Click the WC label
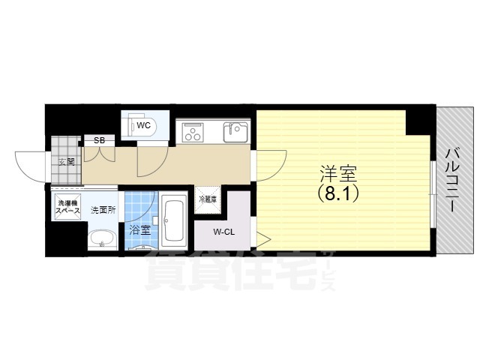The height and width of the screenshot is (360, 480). (x=144, y=126)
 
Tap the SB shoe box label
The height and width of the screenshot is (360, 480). (x=98, y=140)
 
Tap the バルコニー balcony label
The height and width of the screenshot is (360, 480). (x=451, y=180)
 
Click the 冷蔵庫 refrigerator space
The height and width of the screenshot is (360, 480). (x=208, y=199)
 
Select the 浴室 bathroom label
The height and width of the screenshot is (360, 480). (x=139, y=231)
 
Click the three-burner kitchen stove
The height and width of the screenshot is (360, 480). (x=192, y=133)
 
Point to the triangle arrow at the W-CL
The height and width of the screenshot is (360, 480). (x=262, y=241)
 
